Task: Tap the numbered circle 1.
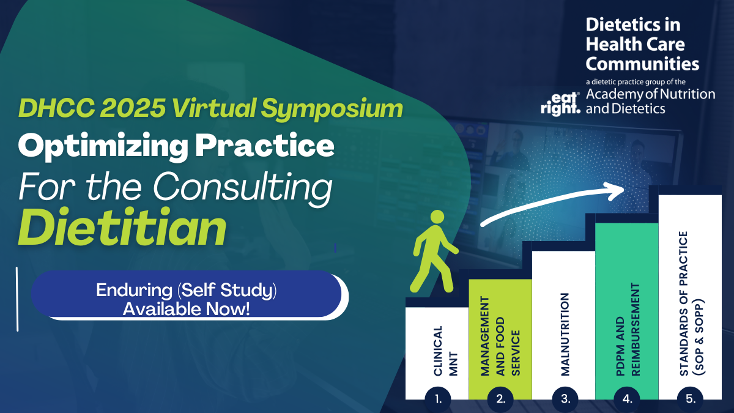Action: point(438,400)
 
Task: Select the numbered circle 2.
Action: point(500,400)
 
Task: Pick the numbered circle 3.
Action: point(564,400)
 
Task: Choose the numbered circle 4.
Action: point(627,400)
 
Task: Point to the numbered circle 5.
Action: point(690,400)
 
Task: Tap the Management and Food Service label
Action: point(500,336)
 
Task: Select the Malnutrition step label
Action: point(565,333)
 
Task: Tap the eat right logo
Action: point(560,103)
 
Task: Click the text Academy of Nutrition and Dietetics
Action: point(650,102)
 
